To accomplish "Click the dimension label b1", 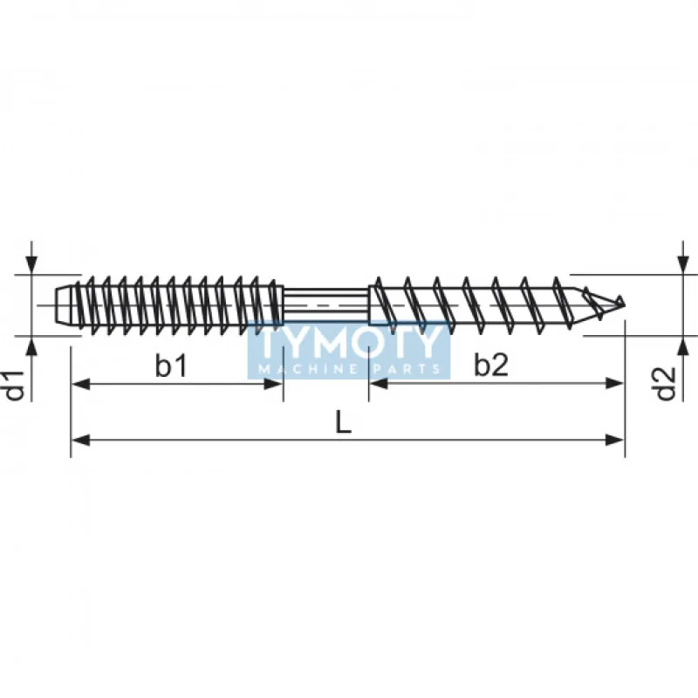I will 171,366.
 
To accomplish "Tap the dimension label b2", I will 491,366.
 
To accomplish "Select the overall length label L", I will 344,422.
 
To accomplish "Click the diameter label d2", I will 667,384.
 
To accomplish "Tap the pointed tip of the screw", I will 623,304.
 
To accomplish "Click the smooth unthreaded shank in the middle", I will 327,305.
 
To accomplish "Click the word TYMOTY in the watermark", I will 349,343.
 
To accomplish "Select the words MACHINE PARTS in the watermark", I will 349,369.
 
